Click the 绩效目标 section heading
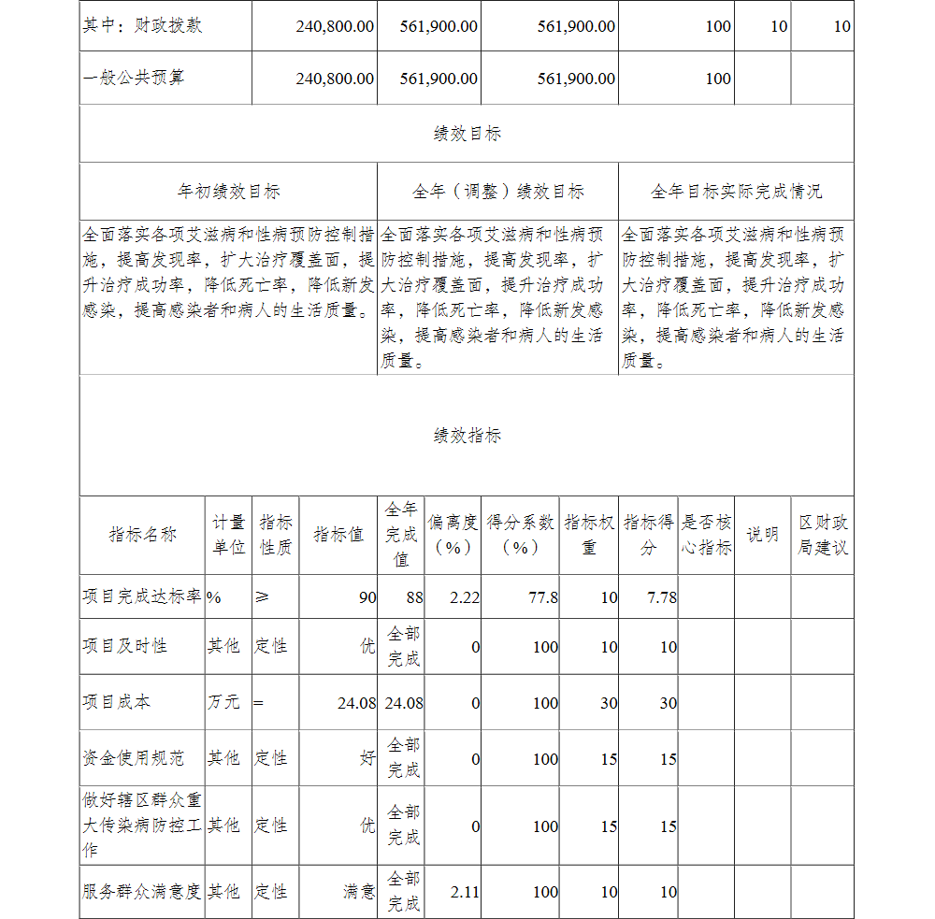pos(467,134)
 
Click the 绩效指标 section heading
pos(467,436)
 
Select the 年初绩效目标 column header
pos(228,192)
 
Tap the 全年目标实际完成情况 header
pos(736,192)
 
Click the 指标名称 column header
pos(142,535)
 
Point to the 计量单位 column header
pos(228,535)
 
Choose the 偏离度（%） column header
pos(453,535)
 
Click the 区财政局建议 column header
pos(822,535)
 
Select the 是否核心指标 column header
pos(706,535)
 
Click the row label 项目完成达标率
pos(142,596)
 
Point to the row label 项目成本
pos(116,702)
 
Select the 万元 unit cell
pos(223,702)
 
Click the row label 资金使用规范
pos(133,758)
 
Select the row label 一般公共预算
pos(133,78)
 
